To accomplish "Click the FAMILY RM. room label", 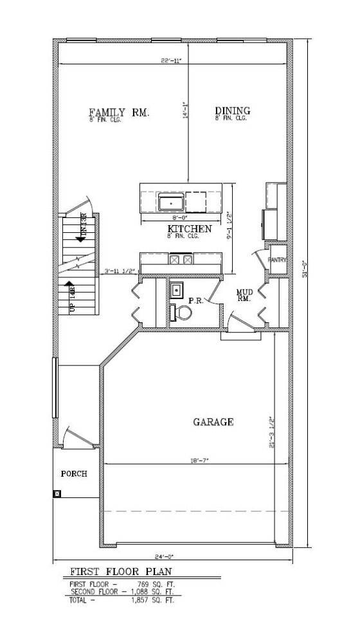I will pyautogui.click(x=119, y=113).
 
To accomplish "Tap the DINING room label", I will pyautogui.click(x=232, y=111).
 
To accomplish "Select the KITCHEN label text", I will pyautogui.click(x=190, y=229).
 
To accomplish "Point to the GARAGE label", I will pyautogui.click(x=213, y=422).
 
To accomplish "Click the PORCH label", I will pyautogui.click(x=74, y=473).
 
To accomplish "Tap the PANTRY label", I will pyautogui.click(x=277, y=261).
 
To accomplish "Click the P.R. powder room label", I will pyautogui.click(x=195, y=300).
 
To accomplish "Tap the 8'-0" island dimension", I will pyautogui.click(x=171, y=219).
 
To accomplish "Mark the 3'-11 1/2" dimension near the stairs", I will pyautogui.click(x=119, y=271).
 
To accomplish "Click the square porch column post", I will pyautogui.click(x=57, y=494).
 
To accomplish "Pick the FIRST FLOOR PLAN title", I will pyautogui.click(x=120, y=571).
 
